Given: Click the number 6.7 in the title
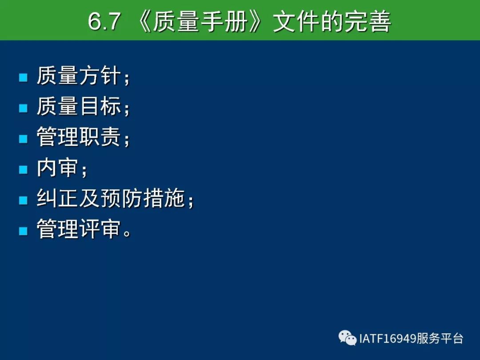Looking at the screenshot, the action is (x=104, y=21).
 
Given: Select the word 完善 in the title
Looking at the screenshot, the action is (x=368, y=21).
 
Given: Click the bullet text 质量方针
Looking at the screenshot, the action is (x=79, y=76).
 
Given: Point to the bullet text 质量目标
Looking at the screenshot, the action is (x=79, y=106).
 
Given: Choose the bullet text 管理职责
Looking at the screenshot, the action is (x=79, y=137).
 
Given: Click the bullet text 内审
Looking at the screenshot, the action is (x=57, y=168).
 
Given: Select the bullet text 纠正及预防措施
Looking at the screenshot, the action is (x=111, y=198).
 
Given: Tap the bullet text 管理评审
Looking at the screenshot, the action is (x=79, y=229).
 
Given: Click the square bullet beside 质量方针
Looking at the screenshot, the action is (x=23, y=77).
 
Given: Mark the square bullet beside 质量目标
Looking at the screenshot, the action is (x=23, y=108).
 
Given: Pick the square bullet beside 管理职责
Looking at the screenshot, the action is (x=23, y=139).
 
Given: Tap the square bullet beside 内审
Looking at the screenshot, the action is (x=23, y=169).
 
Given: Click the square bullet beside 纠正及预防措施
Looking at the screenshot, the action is (x=23, y=200).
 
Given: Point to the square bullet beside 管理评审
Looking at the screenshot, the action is (x=23, y=231).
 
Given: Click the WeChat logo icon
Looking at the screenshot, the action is (x=348, y=338).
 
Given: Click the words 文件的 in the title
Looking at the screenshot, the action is (x=308, y=21).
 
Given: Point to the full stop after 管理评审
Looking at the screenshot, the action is (x=127, y=234).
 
